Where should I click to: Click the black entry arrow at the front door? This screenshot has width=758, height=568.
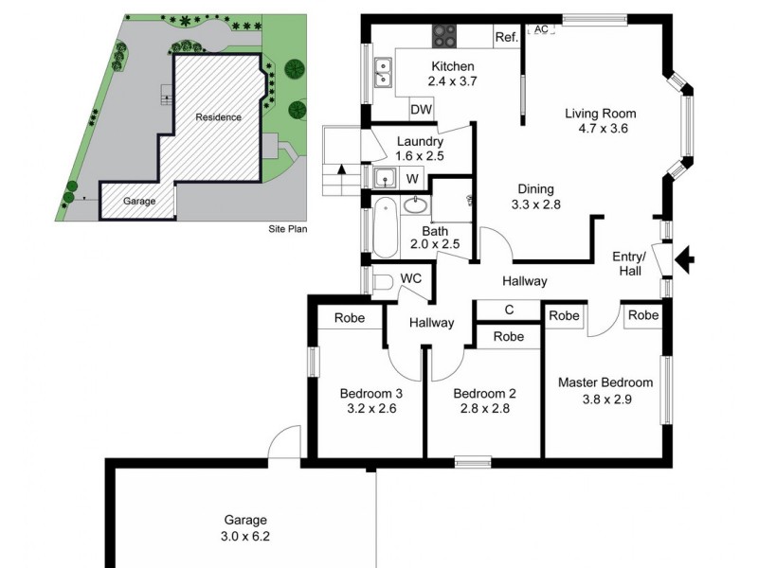click(687, 257)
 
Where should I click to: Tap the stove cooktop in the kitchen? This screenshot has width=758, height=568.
click(444, 36)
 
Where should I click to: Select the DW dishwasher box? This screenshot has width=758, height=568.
click(422, 110)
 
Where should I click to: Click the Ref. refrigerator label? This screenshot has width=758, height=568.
click(506, 38)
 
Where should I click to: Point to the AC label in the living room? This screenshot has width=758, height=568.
click(541, 30)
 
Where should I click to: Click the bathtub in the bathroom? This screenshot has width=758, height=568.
click(384, 227)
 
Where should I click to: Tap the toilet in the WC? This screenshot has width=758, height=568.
click(381, 281)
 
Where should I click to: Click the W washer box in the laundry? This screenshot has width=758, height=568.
click(413, 177)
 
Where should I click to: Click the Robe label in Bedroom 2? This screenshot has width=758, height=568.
click(509, 336)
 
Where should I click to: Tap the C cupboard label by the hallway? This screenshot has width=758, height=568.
click(509, 310)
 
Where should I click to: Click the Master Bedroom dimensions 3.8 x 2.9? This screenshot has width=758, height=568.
click(605, 399)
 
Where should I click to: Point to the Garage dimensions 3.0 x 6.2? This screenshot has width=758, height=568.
click(245, 536)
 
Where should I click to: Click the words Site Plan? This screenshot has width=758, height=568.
click(288, 229)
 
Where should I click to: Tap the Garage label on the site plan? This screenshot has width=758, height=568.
click(139, 202)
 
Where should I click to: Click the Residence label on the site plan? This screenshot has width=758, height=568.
click(218, 117)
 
